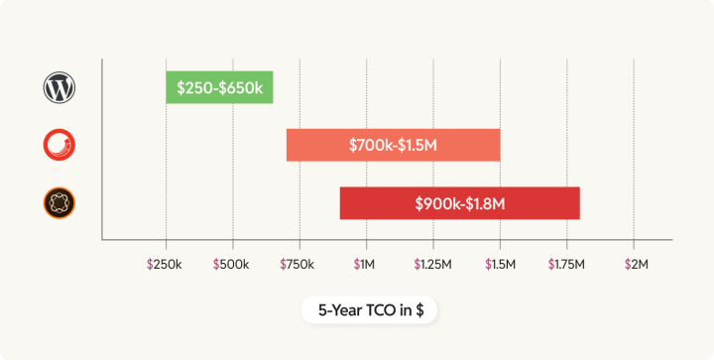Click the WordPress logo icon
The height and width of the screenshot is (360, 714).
[59, 88]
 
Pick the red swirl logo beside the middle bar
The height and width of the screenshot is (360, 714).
[59, 146]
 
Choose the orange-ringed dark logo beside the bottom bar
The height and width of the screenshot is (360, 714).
[59, 204]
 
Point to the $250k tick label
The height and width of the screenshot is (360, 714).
[166, 265]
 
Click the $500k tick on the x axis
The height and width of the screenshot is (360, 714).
[232, 265]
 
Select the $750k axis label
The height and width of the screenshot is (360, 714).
[298, 265]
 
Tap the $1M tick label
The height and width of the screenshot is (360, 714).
[365, 265]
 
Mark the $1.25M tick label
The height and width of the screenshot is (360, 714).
[432, 265]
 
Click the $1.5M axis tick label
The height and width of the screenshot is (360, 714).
[499, 265]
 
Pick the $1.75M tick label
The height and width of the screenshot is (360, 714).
[566, 265]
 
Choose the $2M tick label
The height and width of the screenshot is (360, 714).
[634, 265]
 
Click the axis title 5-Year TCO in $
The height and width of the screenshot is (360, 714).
[371, 310]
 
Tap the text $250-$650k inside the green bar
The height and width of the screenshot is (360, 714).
[219, 87]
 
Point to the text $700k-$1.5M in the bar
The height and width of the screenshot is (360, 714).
[394, 145]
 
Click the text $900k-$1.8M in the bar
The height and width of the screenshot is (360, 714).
[460, 203]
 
